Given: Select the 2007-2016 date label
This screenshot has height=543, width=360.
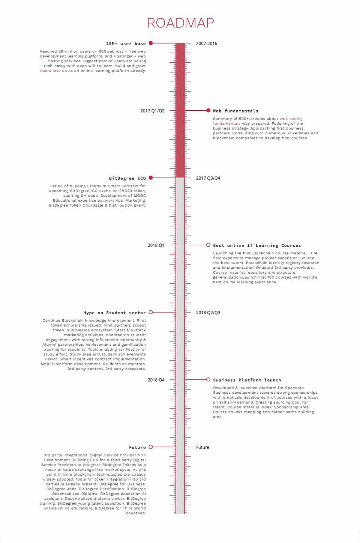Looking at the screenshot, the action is pos(206,43).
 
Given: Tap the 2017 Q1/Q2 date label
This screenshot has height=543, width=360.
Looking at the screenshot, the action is pos(152,111).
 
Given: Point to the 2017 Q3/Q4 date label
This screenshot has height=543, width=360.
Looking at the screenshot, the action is pos(208,178).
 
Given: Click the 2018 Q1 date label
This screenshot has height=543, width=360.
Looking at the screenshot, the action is pos(156,245).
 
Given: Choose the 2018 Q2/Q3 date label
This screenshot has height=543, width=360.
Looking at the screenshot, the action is pos(208,312).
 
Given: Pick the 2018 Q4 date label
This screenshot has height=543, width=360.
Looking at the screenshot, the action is pos(156,380).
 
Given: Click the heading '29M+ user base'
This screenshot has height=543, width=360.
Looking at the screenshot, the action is pos(126,43).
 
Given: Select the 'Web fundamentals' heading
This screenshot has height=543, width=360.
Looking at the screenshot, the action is pos(235,111).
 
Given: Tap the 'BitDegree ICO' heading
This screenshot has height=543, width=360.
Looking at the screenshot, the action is pos(127,178).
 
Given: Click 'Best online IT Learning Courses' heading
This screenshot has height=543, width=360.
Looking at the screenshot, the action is pos(257,245).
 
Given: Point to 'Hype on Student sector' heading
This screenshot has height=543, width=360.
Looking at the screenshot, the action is pos(115,313).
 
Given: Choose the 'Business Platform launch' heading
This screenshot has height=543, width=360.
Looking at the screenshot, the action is pos(247,380).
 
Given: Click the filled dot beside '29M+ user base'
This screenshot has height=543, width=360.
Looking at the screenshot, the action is pos(151,43).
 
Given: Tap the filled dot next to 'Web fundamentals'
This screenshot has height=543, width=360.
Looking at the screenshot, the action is pos(208,110).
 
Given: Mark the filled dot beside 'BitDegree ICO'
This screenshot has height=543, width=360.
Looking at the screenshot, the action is pos(151,178).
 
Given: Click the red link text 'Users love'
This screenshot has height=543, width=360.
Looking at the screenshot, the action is pos(50,71).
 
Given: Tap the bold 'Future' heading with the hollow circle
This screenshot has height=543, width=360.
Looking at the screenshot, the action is pos(137,447).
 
